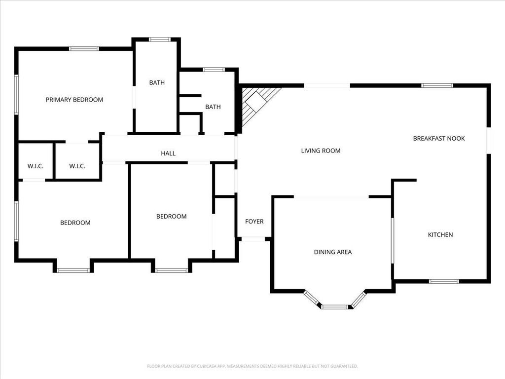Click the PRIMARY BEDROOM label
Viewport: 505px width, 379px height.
(74, 100)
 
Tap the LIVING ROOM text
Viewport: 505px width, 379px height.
(321, 151)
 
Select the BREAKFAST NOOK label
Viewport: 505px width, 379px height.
(439, 138)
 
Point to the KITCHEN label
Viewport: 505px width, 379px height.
(440, 234)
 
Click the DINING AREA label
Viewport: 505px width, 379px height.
(333, 252)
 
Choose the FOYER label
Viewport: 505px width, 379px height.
(254, 222)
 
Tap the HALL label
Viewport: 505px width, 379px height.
(168, 153)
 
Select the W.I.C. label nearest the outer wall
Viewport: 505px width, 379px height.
(36, 166)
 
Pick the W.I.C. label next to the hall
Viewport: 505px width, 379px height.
(77, 166)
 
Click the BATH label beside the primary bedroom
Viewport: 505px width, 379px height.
(157, 82)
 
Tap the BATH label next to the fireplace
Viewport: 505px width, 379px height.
(213, 107)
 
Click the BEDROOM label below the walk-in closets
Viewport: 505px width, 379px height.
(75, 223)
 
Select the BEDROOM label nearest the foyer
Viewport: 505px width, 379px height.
(171, 216)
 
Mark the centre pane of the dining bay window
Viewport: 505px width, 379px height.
(335, 307)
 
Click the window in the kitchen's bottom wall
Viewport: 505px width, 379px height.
(444, 281)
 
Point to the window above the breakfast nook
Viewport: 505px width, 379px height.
(437, 85)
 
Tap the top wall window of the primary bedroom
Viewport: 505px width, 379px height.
(84, 49)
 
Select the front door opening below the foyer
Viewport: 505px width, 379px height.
(253, 239)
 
